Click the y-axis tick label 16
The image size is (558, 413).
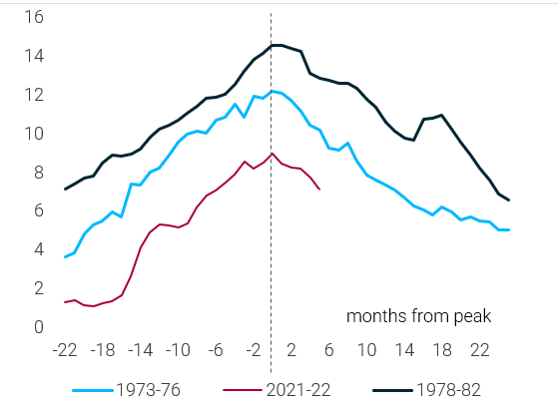click(x=34, y=17)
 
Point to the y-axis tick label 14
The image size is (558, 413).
click(x=34, y=56)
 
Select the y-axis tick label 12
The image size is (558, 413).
click(x=34, y=95)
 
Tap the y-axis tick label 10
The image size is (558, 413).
click(x=34, y=134)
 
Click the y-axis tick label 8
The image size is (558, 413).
click(x=38, y=172)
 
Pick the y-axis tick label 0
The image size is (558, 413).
click(x=38, y=327)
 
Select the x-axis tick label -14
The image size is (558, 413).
click(x=140, y=350)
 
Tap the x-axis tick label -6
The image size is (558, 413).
click(x=216, y=350)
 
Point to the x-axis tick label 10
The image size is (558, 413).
click(x=366, y=350)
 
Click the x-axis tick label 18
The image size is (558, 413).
click(x=442, y=350)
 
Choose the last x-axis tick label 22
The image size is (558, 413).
click(x=480, y=350)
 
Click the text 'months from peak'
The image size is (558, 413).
click(x=418, y=316)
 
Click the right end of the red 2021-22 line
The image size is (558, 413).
click(x=318, y=189)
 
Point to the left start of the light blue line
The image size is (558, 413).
click(x=65, y=257)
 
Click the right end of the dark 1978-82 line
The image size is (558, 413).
click(x=509, y=201)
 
